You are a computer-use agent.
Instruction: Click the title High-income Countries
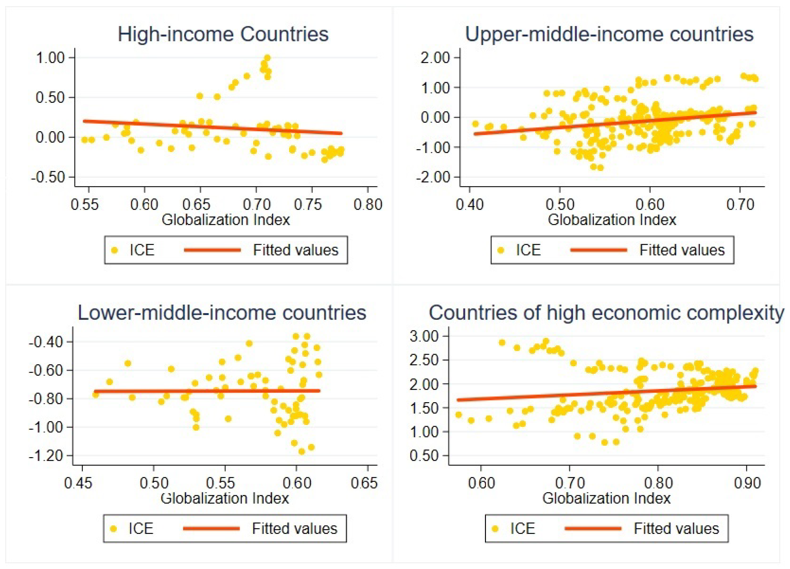tap(223, 34)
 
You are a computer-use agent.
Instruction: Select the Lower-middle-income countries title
tap(222, 312)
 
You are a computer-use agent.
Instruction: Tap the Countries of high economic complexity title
tap(606, 312)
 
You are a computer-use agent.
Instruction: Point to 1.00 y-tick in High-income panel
tap(50, 58)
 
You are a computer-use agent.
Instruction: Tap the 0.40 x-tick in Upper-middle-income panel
tap(470, 204)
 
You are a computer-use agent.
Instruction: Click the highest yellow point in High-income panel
tap(267, 58)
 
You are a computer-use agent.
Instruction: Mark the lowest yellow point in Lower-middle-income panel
tap(302, 452)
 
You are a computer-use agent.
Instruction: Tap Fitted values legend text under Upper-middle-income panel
tap(682, 250)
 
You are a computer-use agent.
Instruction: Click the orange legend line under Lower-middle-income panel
tap(211, 529)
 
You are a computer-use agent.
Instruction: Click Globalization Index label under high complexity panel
tap(606, 498)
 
